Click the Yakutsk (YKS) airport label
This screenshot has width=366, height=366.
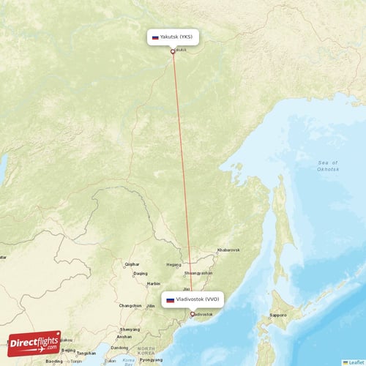click(x=173, y=37)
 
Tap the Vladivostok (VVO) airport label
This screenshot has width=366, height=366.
click(x=193, y=299)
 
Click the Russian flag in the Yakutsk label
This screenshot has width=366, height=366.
click(x=155, y=37)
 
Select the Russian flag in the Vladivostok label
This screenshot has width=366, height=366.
click(x=170, y=299)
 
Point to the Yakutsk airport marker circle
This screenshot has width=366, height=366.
click(x=173, y=51)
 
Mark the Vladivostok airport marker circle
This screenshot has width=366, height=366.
click(x=193, y=315)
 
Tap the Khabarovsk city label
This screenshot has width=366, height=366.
click(x=226, y=250)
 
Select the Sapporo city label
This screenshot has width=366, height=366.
click(x=277, y=315)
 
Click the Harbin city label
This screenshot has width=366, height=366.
click(x=153, y=283)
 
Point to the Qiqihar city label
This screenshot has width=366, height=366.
click(x=132, y=264)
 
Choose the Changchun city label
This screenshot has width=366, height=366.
click(x=131, y=305)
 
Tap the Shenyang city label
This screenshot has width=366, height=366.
click(x=130, y=329)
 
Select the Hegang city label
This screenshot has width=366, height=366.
click(x=174, y=264)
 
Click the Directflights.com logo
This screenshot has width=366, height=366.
click(x=34, y=343)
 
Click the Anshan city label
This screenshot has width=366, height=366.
click(x=124, y=337)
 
